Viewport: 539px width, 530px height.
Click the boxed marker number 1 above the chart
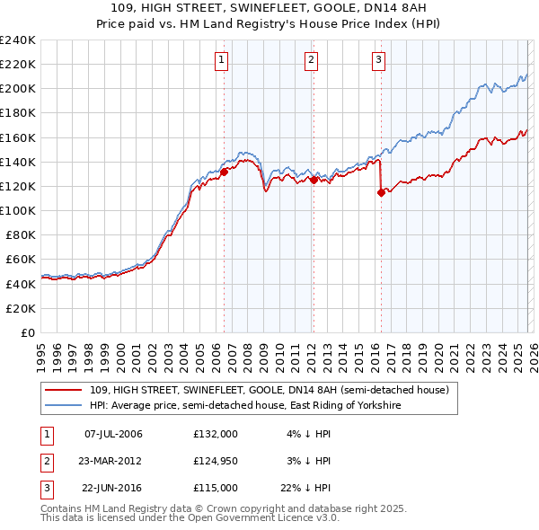[x=221, y=60]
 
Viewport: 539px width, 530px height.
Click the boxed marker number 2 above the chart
[x=311, y=60]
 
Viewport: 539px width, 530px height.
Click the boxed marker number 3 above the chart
[x=378, y=60]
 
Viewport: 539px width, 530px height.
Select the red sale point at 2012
[x=314, y=180]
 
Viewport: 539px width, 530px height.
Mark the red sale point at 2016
[x=381, y=191]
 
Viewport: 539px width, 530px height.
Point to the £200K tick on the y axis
[x=17, y=89]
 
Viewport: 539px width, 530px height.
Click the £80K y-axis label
[x=20, y=234]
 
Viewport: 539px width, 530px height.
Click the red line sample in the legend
[x=63, y=390]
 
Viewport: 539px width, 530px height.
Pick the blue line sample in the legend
[x=63, y=406]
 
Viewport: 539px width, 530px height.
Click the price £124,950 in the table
[x=215, y=461]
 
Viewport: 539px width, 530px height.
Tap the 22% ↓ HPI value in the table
[x=309, y=488]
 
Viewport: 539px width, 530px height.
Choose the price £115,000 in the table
[x=215, y=488]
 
